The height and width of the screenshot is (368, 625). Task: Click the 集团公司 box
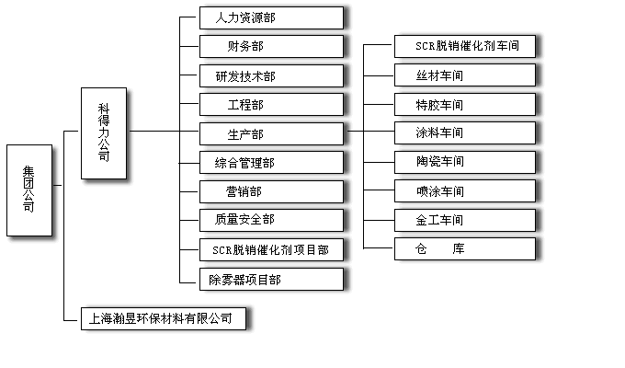pos(28,190)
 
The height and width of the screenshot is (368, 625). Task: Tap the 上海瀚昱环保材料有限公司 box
pos(164,319)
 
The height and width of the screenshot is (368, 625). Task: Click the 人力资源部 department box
pos(271,17)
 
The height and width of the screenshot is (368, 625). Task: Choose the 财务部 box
pos(271,46)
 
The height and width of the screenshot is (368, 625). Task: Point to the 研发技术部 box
pos(271,75)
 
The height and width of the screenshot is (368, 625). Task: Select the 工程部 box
pos(271,105)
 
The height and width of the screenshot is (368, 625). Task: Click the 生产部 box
pos(271,134)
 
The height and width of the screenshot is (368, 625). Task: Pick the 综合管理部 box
pos(271,163)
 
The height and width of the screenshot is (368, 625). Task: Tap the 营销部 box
pos(271,191)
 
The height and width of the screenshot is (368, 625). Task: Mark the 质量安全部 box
pos(271,220)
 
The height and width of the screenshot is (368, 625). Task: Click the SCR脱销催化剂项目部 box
pos(271,249)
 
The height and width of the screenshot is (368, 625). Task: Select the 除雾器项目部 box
pos(271,279)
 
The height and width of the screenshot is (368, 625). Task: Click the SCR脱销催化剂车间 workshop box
pos(466,46)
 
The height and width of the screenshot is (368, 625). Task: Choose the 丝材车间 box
pos(466,75)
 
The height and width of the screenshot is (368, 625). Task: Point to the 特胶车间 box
pos(466,105)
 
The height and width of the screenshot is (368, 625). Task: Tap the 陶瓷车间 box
pos(466,163)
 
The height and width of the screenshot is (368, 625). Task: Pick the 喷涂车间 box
pos(466,191)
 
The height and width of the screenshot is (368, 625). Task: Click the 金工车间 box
pos(466,220)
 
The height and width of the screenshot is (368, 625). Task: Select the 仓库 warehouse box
pos(466,248)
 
